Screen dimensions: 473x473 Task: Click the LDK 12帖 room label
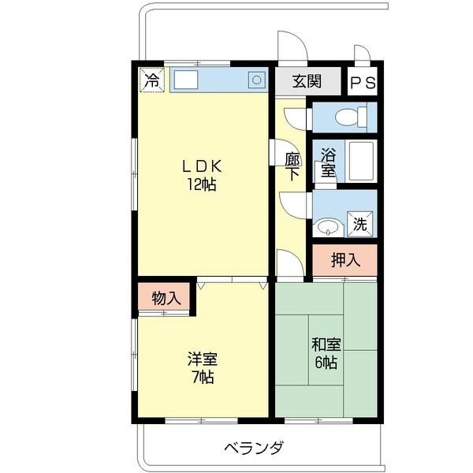[x=202, y=176]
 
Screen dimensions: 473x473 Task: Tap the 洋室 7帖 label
[x=202, y=367]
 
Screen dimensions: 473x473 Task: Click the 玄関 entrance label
[x=307, y=81]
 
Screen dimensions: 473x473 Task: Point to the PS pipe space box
[x=363, y=82]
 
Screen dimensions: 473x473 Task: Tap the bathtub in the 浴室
[x=361, y=162]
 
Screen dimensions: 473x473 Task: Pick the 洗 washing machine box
[x=360, y=223]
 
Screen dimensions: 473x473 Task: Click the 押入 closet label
[x=345, y=260]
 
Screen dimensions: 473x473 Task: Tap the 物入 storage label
[x=166, y=299]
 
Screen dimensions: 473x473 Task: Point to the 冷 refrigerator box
[x=152, y=79]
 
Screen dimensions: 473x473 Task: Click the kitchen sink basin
[x=186, y=79]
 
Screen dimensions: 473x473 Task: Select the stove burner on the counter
[x=257, y=79]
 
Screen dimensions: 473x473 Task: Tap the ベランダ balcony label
[x=253, y=449]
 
